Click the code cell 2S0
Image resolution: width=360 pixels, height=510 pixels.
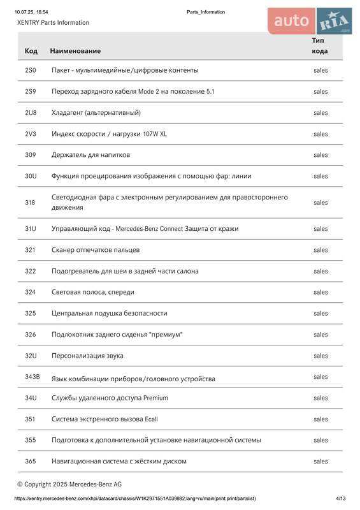pyautogui.click(x=31, y=70)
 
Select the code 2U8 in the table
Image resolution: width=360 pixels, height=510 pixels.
pyautogui.click(x=31, y=113)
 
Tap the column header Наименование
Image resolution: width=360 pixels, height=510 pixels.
pyautogui.click(x=75, y=50)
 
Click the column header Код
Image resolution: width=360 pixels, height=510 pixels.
pyautogui.click(x=31, y=50)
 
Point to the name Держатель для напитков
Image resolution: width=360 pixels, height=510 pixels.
pyautogui.click(x=90, y=155)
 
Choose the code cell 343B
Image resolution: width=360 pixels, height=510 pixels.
pyautogui.click(x=32, y=377)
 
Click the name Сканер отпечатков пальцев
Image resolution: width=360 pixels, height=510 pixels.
pyautogui.click(x=96, y=250)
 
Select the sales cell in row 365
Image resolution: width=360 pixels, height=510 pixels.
pyautogui.click(x=320, y=461)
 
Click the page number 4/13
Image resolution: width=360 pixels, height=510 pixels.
pyautogui.click(x=341, y=498)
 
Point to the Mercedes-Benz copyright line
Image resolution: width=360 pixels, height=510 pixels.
pyautogui.click(x=69, y=484)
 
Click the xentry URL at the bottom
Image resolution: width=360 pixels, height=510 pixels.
pyautogui.click(x=135, y=498)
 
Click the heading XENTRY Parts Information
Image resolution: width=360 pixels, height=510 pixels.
pyautogui.click(x=53, y=22)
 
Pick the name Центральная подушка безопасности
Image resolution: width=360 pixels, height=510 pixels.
pyautogui.click(x=109, y=313)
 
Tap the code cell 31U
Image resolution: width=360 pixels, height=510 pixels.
pyautogui.click(x=31, y=228)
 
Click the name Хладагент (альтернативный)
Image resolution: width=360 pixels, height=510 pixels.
pyautogui.click(x=96, y=113)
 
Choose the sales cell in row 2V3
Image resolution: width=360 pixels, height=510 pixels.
pyautogui.click(x=320, y=134)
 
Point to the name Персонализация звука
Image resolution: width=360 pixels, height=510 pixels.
pyautogui.click(x=87, y=356)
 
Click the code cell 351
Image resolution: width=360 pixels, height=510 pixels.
pyautogui.click(x=31, y=419)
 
